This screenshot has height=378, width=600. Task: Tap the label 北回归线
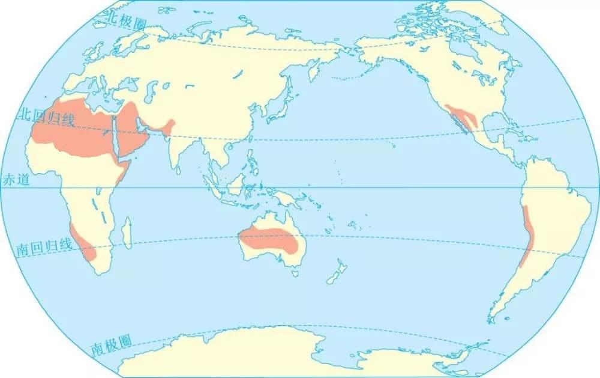pyautogui.click(x=47, y=117)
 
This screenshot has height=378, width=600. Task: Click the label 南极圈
pyautogui.click(x=112, y=344)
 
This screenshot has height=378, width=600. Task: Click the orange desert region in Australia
pyautogui.click(x=270, y=240)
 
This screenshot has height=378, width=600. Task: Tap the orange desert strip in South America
pyautogui.click(x=526, y=234)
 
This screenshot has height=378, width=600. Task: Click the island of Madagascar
pyautogui.click(x=127, y=233)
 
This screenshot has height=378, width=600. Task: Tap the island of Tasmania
pyautogui.click(x=296, y=273)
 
